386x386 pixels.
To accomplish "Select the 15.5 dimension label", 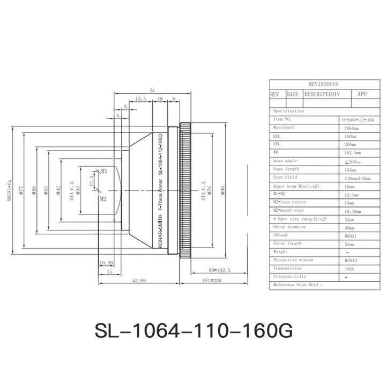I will [140, 99].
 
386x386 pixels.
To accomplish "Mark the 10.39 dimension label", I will [106, 263].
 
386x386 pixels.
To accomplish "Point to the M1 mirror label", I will [105, 172].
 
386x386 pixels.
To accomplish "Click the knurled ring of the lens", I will [185, 191].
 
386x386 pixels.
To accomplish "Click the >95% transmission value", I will [351, 269].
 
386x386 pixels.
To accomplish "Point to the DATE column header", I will [292, 93].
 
